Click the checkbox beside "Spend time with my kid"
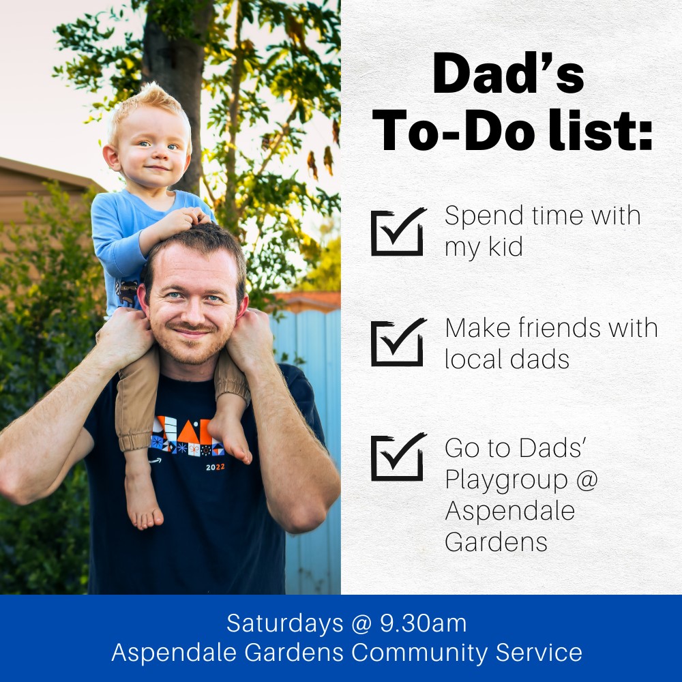click(x=397, y=233)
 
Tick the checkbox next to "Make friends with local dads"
click(x=397, y=344)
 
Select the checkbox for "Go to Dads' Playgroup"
click(x=397, y=458)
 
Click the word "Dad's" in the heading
click(x=509, y=74)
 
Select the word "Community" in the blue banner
click(x=419, y=653)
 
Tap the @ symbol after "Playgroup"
click(x=587, y=479)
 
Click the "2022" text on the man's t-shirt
click(x=216, y=467)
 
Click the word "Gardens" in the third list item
click(x=496, y=542)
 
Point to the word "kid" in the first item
click(x=505, y=247)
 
